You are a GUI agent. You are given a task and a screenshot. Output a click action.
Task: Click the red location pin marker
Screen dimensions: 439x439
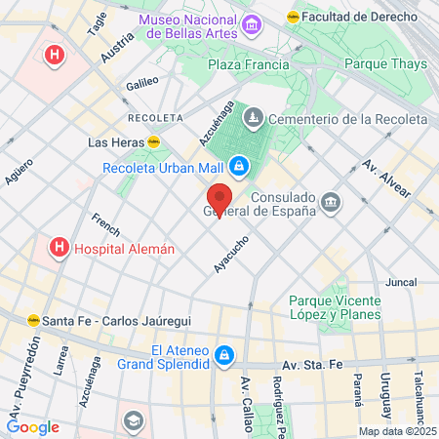click(x=219, y=199)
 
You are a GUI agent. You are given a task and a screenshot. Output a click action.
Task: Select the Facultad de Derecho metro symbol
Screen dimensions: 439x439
click(x=293, y=17)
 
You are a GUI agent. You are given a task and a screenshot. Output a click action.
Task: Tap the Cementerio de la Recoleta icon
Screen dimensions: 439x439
click(x=254, y=119)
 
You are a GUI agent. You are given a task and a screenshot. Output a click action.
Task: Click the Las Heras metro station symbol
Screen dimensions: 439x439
click(x=154, y=142)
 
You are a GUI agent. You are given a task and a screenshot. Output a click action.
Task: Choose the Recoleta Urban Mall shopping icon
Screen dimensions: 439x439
click(x=238, y=166)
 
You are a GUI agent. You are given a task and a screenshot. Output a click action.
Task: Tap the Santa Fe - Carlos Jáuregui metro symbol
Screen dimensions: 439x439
click(x=34, y=319)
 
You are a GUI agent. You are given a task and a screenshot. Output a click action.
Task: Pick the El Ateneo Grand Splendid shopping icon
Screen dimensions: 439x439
click(x=225, y=356)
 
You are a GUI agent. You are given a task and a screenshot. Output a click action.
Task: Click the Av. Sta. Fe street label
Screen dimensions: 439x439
click(x=312, y=364)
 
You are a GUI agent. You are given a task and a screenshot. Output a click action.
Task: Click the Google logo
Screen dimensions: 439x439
click(x=33, y=426)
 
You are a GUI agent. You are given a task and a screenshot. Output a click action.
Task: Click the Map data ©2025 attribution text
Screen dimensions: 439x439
click(x=394, y=431)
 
